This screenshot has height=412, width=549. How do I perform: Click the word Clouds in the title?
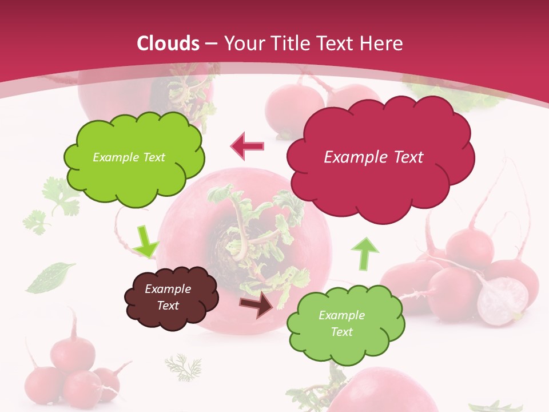pos(169,43)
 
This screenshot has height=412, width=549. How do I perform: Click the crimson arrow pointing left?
pos(248,146)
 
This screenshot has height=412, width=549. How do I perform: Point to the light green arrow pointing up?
pos(364,253)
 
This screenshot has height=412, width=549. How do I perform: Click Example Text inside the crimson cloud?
pos(373,157)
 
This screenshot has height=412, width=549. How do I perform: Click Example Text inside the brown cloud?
pos(168,297)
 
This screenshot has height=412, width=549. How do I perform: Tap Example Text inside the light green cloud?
pos(341,323)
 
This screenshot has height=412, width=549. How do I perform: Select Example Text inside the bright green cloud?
pos(129,157)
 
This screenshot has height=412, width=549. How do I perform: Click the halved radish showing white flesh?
pos(503,300)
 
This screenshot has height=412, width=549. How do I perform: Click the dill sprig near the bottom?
pos(184,367)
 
